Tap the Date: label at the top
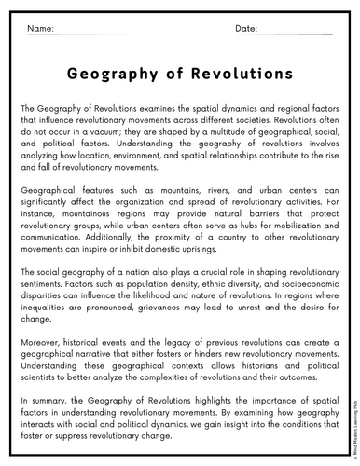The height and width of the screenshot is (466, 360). click(x=246, y=31)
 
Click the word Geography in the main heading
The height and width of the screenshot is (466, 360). click(x=118, y=73)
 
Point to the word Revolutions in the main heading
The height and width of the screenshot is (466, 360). click(x=241, y=73)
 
